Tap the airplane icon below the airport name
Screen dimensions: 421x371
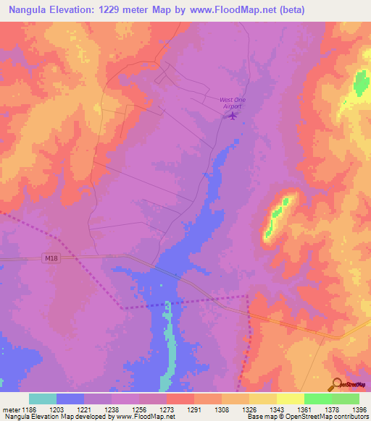coord(232,116)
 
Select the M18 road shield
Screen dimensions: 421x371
coord(50,259)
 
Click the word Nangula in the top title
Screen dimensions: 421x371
coord(27,10)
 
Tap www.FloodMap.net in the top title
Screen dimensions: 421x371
coord(228,10)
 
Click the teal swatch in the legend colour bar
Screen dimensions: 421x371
coord(43,399)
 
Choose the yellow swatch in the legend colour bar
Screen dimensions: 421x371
coord(290,399)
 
